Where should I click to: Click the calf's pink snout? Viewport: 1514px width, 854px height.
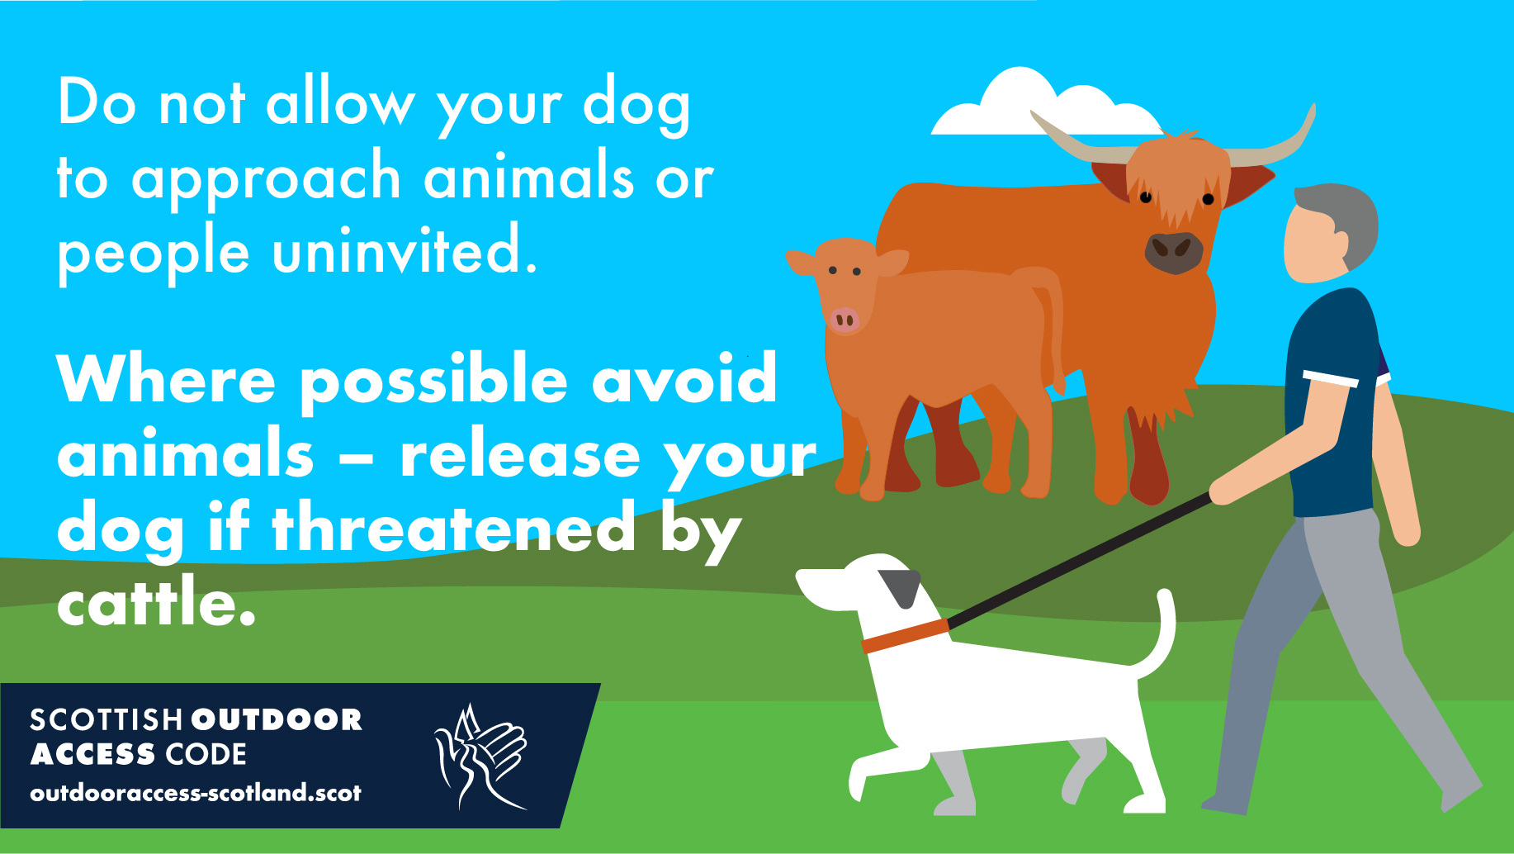pyautogui.click(x=845, y=320)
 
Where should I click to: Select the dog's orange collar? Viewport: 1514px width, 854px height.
pyautogui.click(x=905, y=635)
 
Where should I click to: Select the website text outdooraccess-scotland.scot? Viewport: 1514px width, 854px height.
pyautogui.click(x=196, y=794)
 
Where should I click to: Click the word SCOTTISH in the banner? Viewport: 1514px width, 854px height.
pyautogui.click(x=106, y=720)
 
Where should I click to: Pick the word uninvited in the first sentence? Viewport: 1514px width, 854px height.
pyautogui.click(x=405, y=252)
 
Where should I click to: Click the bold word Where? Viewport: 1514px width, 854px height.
pyautogui.click(x=166, y=380)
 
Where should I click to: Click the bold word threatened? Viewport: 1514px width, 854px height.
pyautogui.click(x=454, y=529)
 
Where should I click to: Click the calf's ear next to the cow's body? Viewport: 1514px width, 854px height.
pyautogui.click(x=892, y=263)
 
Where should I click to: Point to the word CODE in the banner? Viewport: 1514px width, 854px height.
pyautogui.click(x=206, y=755)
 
